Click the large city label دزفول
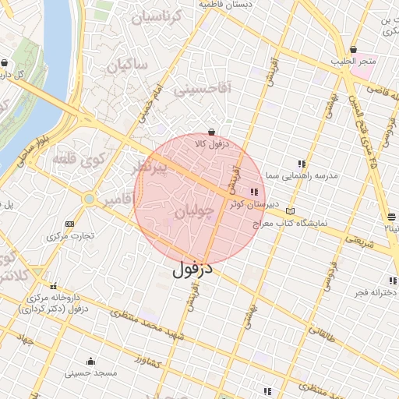pyautogui.click(x=192, y=270)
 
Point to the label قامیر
pyautogui.click(x=121, y=200)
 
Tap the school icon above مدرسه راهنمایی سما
pyautogui.click(x=302, y=164)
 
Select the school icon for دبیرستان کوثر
pyautogui.click(x=254, y=192)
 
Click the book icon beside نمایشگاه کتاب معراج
pyautogui.click(x=291, y=210)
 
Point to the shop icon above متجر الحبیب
pyautogui.click(x=354, y=49)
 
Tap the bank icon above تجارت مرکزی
pyautogui.click(x=70, y=224)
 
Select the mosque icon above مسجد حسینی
pyautogui.click(x=91, y=361)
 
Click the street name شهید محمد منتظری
pyautogui.click(x=147, y=327)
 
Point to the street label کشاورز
pyautogui.click(x=146, y=361)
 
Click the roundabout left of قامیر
pyautogui.click(x=89, y=199)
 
